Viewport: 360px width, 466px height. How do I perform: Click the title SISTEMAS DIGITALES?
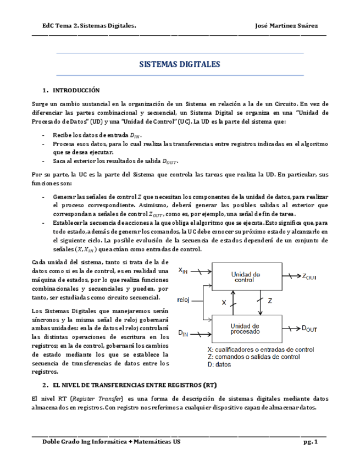coord(180,65)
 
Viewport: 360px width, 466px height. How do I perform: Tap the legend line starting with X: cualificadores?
coord(261,349)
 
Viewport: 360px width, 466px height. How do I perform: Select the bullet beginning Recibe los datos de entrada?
coord(97,135)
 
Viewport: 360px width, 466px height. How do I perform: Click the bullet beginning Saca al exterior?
coord(115,161)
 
